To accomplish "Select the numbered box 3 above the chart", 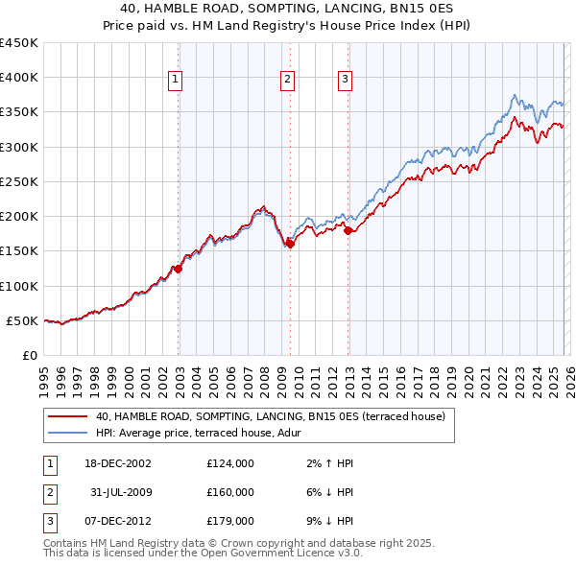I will tap(346, 81).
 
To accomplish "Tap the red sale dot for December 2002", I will tap(178, 269).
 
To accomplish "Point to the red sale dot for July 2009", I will tap(290, 244).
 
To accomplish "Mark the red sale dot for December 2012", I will tap(348, 230).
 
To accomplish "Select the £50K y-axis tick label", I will tap(22, 320).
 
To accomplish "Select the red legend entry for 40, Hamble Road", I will tap(269, 417).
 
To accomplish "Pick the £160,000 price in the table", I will tap(229, 492).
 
